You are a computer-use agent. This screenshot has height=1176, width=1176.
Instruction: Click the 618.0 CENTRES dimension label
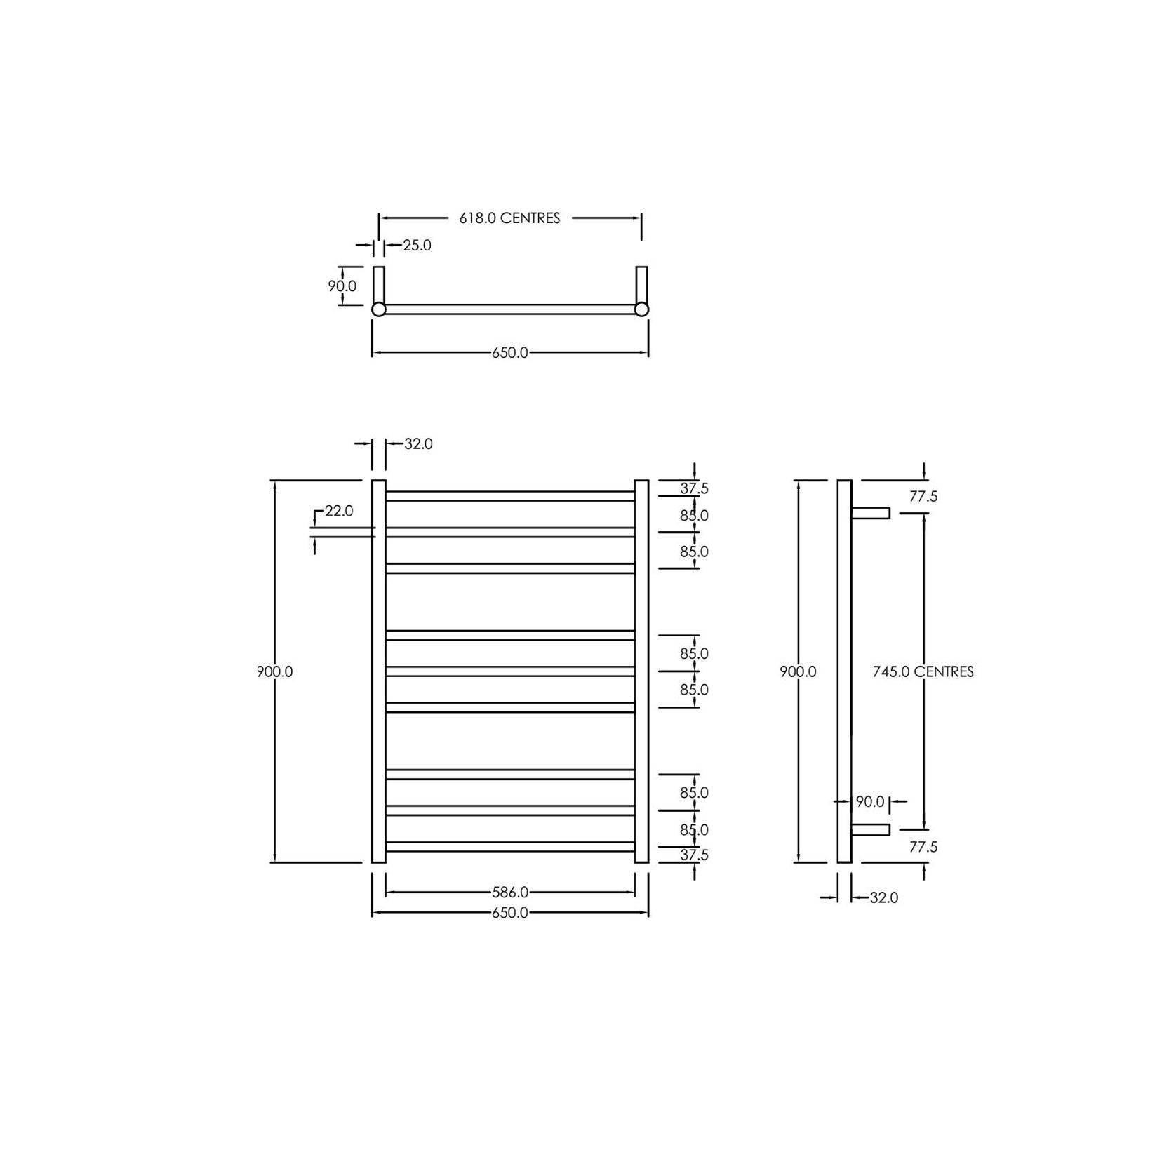pyautogui.click(x=509, y=218)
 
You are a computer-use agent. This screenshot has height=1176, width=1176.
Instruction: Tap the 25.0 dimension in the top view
pyautogui.click(x=417, y=246)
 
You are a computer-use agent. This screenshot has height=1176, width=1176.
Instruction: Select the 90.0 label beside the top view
pyautogui.click(x=342, y=286)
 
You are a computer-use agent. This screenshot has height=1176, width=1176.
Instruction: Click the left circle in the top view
pyautogui.click(x=378, y=309)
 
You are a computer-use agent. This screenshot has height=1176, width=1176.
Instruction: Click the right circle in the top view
pyautogui.click(x=641, y=309)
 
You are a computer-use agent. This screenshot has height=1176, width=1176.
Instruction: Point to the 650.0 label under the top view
pyautogui.click(x=509, y=353)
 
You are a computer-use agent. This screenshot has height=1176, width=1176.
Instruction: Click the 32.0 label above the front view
pyautogui.click(x=418, y=444)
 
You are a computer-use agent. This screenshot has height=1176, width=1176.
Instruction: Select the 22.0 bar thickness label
pyautogui.click(x=338, y=512)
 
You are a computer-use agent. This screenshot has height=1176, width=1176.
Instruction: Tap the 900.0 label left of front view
pyautogui.click(x=274, y=671)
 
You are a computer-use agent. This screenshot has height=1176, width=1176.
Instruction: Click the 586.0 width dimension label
pyautogui.click(x=509, y=893)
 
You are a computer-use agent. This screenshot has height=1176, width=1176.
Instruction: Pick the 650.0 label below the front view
pyautogui.click(x=509, y=913)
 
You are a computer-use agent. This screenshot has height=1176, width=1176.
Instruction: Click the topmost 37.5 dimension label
pyautogui.click(x=694, y=488)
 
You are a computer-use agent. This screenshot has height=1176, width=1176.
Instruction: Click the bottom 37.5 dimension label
pyautogui.click(x=694, y=855)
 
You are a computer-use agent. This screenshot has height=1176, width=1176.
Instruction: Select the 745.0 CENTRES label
pyautogui.click(x=923, y=671)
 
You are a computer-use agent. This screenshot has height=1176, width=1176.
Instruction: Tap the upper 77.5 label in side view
pyautogui.click(x=923, y=497)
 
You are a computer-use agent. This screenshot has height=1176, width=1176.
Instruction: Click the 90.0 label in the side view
pyautogui.click(x=869, y=801)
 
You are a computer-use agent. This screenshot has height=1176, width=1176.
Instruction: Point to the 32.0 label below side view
pyautogui.click(x=883, y=897)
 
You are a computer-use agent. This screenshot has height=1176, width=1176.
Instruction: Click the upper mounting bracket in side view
pyautogui.click(x=871, y=513)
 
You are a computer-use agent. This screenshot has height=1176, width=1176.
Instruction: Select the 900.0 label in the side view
pyautogui.click(x=798, y=671)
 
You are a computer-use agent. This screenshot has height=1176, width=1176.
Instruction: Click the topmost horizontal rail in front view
pyautogui.click(x=509, y=496)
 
